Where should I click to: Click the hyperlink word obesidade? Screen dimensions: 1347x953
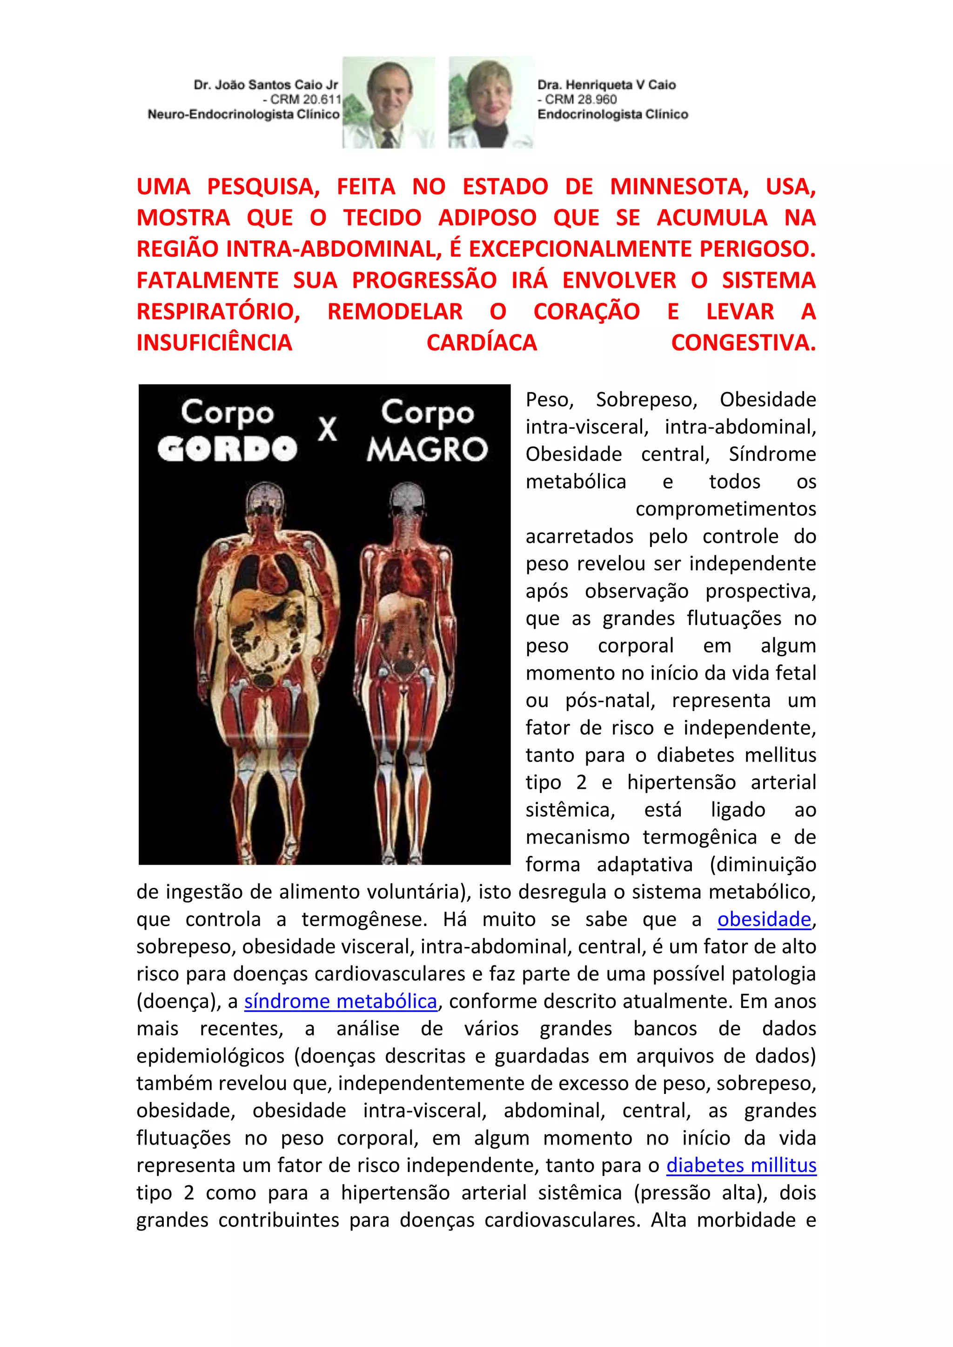(764, 919)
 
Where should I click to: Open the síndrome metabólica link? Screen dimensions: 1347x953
(340, 1001)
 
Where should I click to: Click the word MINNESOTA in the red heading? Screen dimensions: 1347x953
(679, 187)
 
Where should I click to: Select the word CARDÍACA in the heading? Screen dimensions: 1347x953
(481, 343)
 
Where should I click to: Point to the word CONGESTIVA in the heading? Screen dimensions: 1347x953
(743, 343)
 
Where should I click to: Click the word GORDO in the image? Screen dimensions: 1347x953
(227, 449)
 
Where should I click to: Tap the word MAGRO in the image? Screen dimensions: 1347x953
(427, 449)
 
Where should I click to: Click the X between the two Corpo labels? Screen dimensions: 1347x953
(328, 429)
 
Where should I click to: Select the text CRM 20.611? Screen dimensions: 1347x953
(305, 99)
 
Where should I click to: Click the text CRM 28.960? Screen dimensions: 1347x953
(580, 99)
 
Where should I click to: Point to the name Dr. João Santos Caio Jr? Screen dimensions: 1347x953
(266, 85)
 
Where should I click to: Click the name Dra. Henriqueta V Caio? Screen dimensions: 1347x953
(606, 85)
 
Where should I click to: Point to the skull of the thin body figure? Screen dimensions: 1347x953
(407, 499)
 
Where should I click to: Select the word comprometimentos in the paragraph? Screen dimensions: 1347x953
(725, 509)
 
